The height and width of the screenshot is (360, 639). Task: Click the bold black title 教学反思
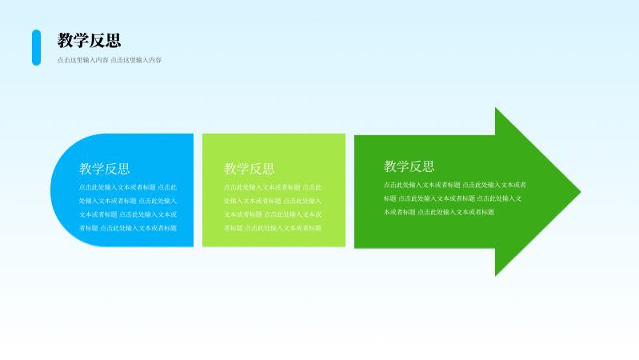coord(89,41)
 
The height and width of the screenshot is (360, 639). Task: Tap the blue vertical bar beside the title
coord(36,47)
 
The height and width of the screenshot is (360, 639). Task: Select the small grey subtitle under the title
coord(110,60)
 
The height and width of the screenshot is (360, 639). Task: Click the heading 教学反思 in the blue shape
coord(104,169)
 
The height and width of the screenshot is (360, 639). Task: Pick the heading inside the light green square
coord(249,169)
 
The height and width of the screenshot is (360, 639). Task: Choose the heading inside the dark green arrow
coord(409,166)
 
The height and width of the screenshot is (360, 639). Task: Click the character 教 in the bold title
coord(66,41)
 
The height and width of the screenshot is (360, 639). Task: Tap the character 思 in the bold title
coord(113,41)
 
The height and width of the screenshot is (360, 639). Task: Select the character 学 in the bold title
coord(82,41)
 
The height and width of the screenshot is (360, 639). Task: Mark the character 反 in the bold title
coord(98,41)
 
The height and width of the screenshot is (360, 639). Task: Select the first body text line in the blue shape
coord(128,187)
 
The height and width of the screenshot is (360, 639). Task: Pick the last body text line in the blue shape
coord(128,228)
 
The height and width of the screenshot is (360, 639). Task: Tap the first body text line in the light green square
coord(273,187)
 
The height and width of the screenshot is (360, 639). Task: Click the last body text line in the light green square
coord(273,228)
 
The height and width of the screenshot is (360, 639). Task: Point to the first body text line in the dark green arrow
coord(454,185)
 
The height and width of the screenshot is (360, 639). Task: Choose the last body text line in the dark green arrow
coord(439,212)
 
